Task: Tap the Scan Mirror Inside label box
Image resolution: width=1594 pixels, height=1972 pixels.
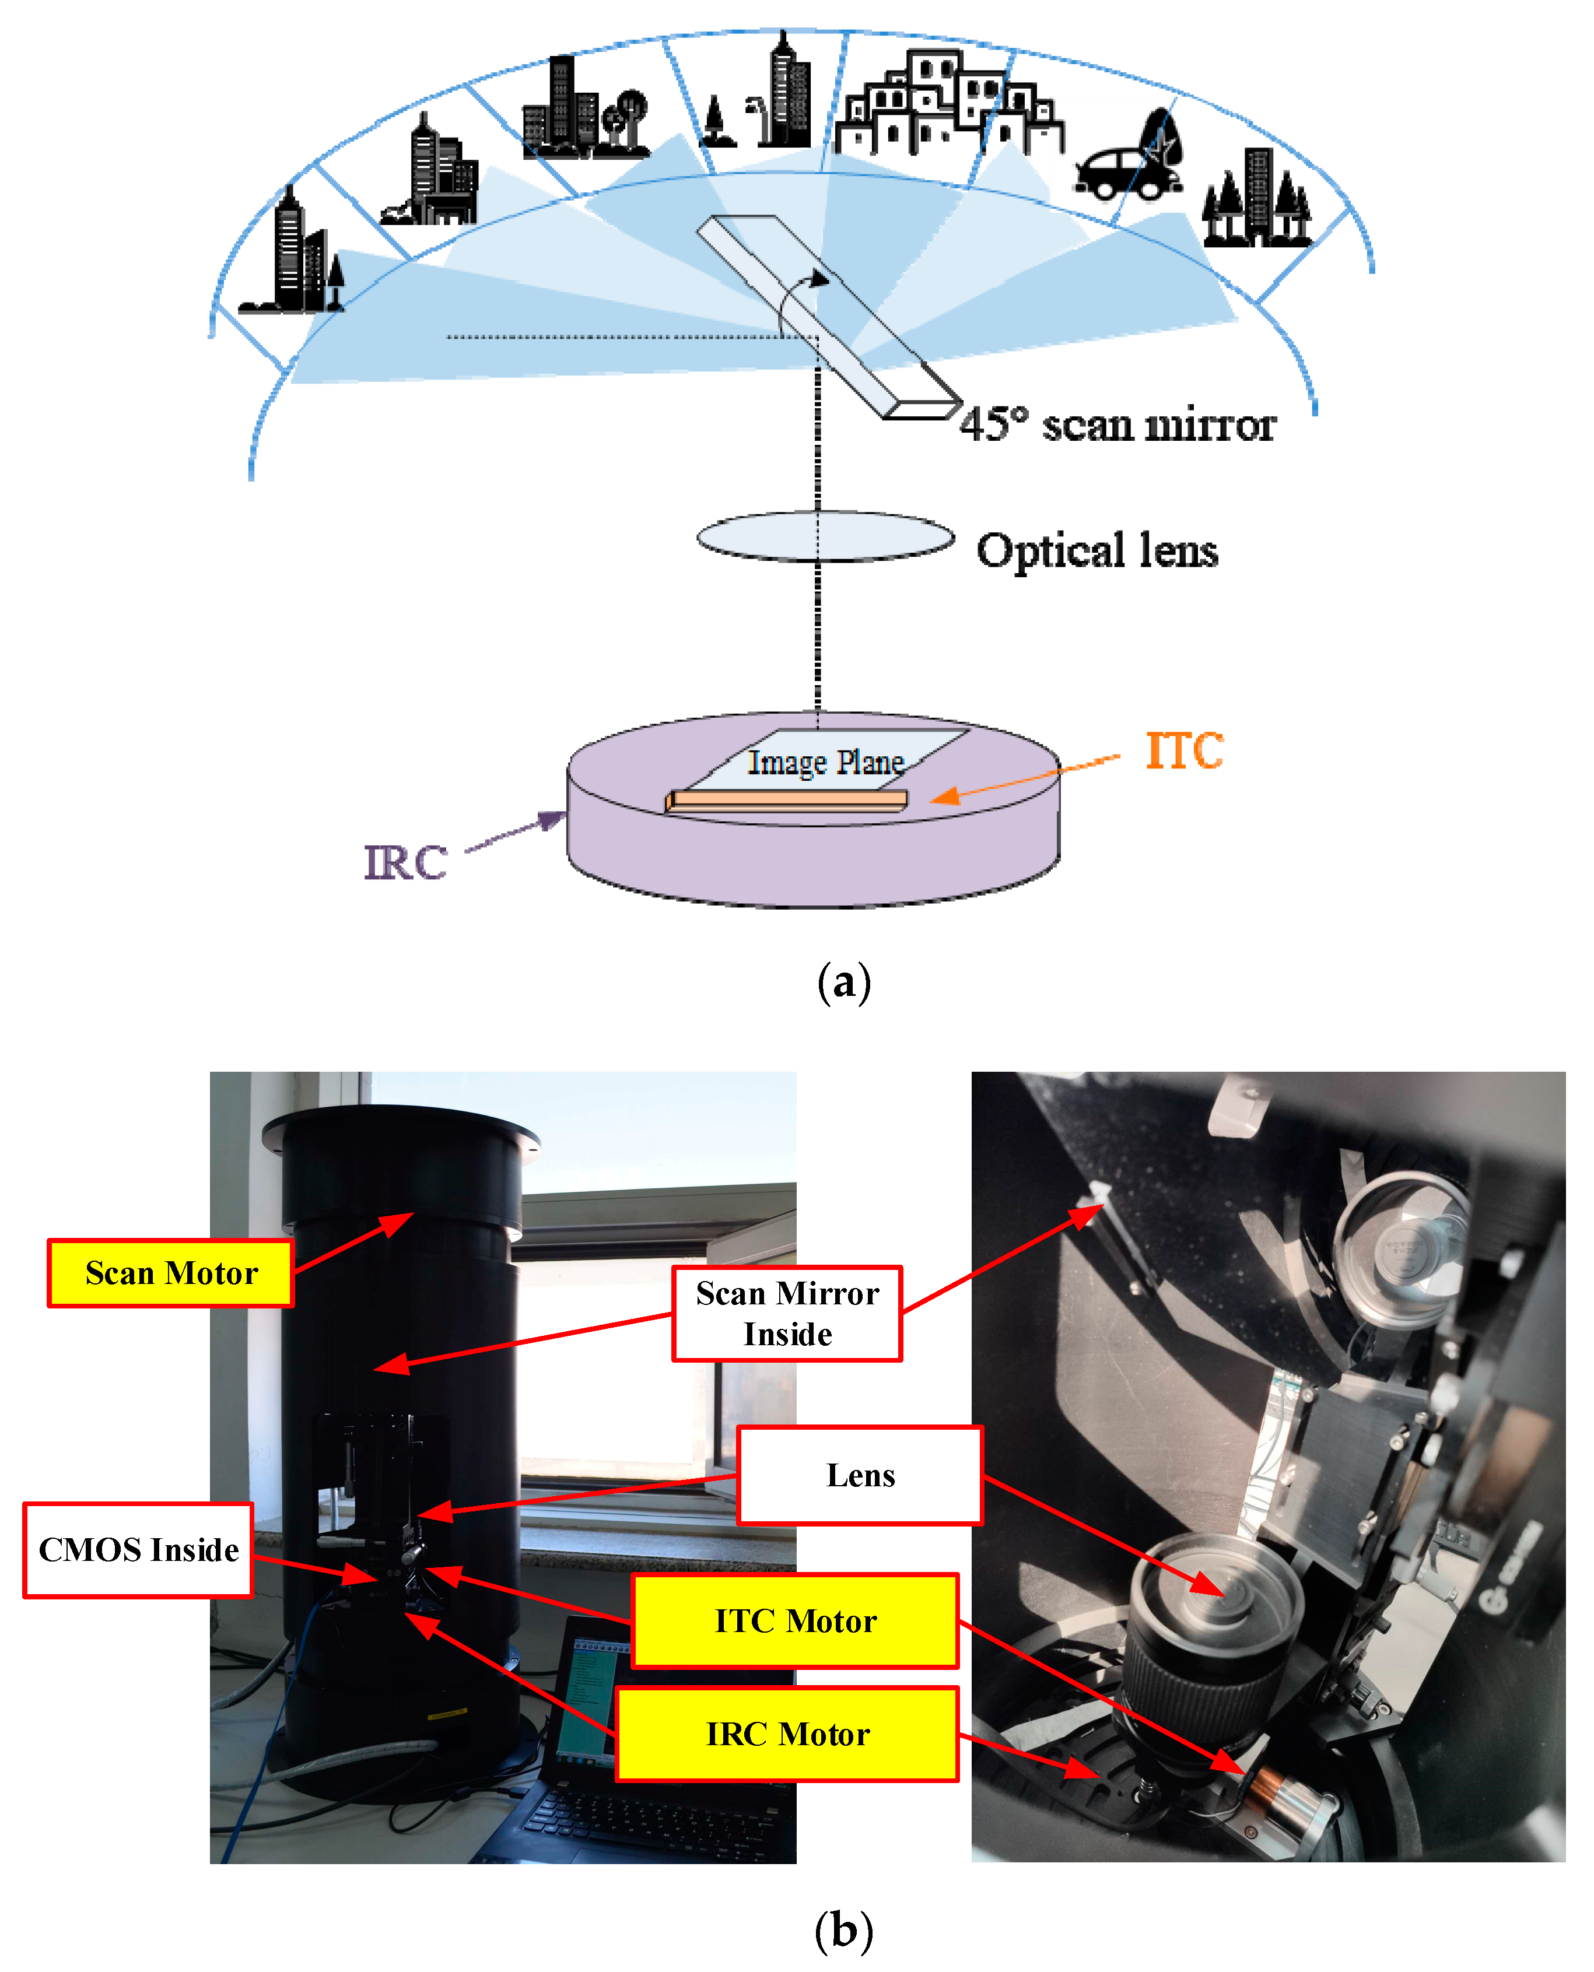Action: coord(787,1313)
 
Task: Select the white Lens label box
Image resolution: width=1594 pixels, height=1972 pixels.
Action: coord(860,1475)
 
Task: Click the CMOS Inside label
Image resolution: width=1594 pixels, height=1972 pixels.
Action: coord(138,1550)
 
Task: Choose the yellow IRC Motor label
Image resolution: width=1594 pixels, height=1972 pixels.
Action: coord(787,1734)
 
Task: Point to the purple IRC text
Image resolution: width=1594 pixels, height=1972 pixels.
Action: coord(405,863)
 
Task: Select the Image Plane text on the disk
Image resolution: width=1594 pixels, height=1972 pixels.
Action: coord(825,762)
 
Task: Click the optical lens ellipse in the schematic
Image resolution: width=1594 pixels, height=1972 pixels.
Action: coord(825,536)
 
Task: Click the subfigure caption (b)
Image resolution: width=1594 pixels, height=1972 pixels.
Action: coord(843,1930)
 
